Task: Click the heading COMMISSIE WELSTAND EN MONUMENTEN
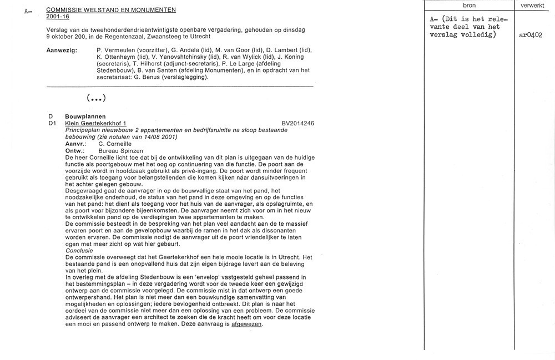tap(111, 10)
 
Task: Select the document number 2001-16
tap(58, 17)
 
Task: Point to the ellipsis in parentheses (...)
tap(96, 98)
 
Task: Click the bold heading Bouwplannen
tap(85, 116)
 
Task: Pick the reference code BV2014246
tap(297, 123)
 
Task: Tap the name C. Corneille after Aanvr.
tap(115, 144)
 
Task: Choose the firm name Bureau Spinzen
tap(120, 151)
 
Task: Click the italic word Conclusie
tap(79, 250)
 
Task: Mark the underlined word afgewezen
tap(246, 324)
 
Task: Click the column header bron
tap(469, 4)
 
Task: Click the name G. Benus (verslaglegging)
tap(173, 77)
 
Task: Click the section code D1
tap(52, 123)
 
